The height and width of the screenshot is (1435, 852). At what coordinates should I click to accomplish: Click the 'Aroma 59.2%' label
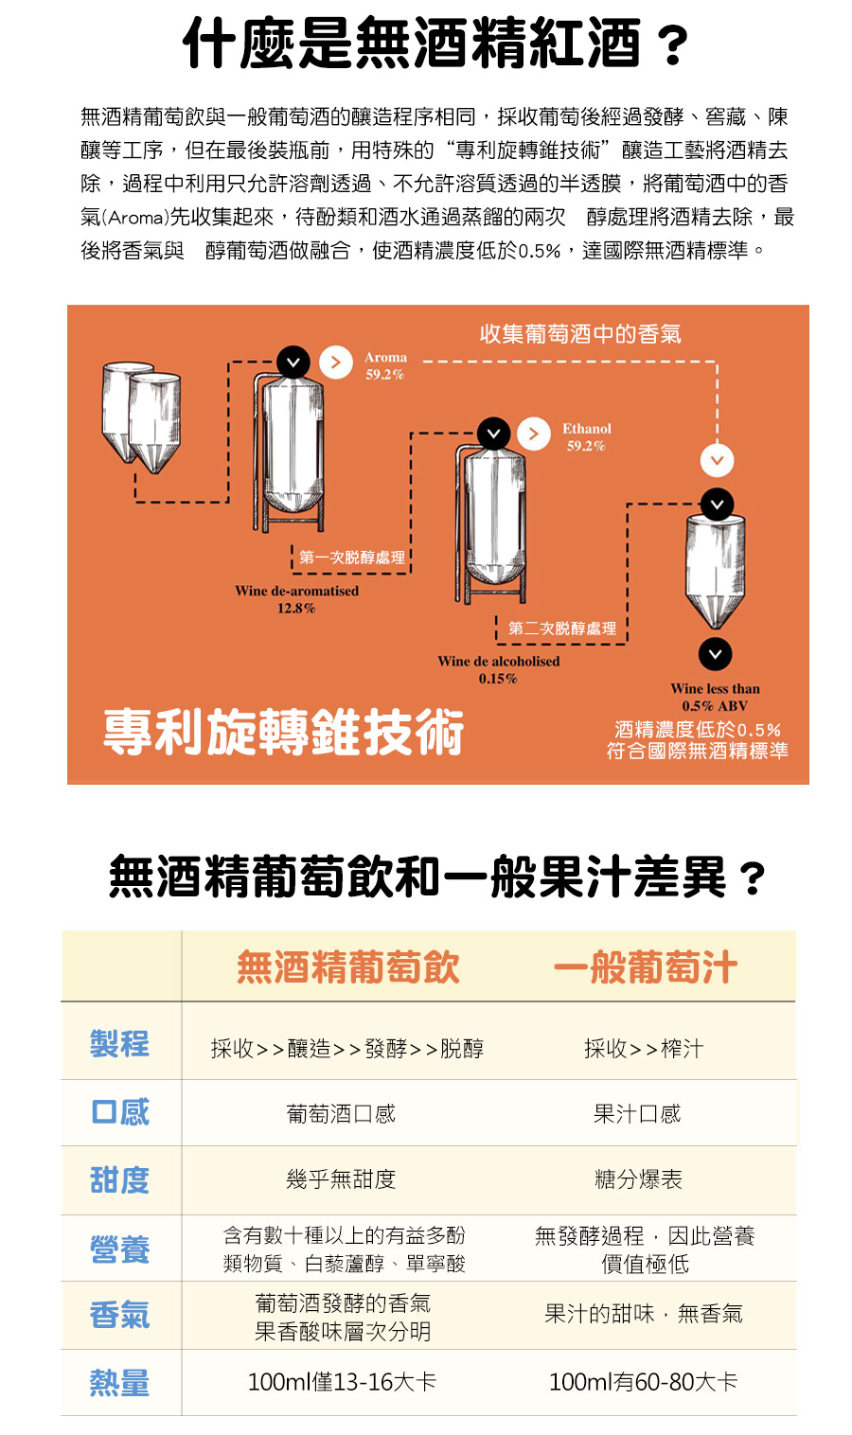point(385,365)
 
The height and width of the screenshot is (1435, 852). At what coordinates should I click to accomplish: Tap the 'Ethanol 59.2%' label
point(586,437)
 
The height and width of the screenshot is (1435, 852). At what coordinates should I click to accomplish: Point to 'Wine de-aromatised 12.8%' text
point(296,599)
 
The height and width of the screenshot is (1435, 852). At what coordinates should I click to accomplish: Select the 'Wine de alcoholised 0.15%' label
point(498,669)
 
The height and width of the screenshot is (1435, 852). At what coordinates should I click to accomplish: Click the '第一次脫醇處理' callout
point(352,558)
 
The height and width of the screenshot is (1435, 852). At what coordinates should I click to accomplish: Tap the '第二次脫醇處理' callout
point(561,629)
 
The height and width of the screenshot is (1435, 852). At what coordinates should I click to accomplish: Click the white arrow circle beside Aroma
point(336,363)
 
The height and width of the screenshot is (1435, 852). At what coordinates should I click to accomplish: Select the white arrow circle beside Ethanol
point(534,434)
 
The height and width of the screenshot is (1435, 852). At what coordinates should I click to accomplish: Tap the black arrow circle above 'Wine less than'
point(715,654)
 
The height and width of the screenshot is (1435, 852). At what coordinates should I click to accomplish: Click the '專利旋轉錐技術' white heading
point(283,732)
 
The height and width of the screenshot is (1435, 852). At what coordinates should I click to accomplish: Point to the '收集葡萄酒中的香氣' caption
point(580,334)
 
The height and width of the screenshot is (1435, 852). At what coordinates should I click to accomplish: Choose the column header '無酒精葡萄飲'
point(348,966)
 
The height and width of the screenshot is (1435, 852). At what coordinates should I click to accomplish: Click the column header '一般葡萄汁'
point(646,966)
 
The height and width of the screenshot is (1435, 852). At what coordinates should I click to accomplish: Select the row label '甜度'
point(120,1179)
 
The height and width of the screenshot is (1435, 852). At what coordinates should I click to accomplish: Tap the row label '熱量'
point(120,1382)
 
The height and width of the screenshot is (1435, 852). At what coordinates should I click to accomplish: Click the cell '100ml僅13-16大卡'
point(342,1382)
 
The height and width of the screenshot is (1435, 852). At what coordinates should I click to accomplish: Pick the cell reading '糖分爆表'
point(638,1179)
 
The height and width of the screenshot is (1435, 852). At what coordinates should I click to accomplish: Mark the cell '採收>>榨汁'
point(644,1049)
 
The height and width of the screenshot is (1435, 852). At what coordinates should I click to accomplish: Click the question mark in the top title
point(673,46)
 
